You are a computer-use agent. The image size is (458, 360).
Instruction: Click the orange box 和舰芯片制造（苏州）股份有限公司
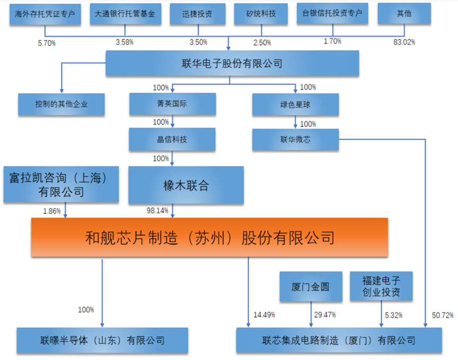(x=210, y=237)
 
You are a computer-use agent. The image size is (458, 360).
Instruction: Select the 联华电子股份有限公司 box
(x=232, y=64)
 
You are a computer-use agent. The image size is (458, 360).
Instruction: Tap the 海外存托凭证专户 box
(x=45, y=14)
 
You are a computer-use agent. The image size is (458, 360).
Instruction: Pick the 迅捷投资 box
(x=197, y=14)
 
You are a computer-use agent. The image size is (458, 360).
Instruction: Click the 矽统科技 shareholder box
(x=261, y=14)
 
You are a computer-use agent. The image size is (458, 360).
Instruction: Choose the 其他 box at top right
(x=404, y=13)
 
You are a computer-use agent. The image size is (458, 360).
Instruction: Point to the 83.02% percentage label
(x=404, y=42)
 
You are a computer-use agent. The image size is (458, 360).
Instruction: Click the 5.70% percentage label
(x=47, y=43)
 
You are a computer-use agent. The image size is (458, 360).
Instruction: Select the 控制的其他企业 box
(x=61, y=104)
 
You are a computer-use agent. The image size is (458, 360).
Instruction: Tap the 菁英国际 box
(x=173, y=104)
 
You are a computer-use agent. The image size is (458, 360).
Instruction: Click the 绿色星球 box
(x=295, y=104)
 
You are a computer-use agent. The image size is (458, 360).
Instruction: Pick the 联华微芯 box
(x=295, y=140)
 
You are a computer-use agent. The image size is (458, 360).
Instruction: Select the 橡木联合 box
(x=186, y=185)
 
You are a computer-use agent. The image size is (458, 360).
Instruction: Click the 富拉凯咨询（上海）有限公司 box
(x=61, y=184)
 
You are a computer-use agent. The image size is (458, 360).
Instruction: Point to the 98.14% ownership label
(x=157, y=210)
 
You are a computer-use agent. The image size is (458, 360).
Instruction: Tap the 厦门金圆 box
(x=311, y=286)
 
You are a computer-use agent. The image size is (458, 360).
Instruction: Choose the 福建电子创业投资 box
(x=381, y=286)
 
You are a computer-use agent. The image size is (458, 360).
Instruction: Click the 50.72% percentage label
(x=443, y=316)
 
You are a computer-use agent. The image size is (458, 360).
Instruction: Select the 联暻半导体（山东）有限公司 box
(x=102, y=340)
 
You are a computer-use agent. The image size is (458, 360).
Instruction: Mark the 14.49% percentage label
(x=264, y=315)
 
